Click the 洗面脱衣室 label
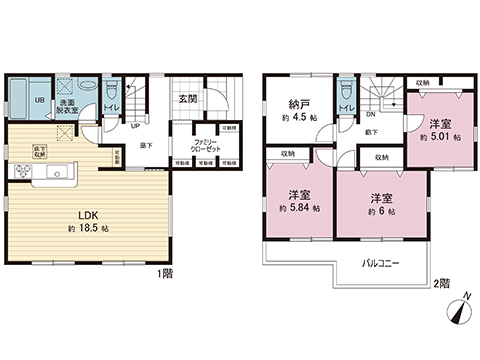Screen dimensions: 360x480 [x=66, y=107]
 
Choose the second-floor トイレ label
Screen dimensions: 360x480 [x=346, y=107]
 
